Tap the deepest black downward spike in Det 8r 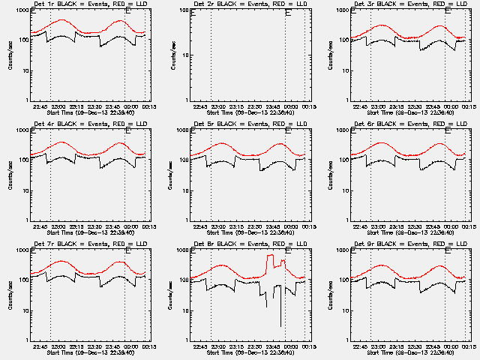point(281,325)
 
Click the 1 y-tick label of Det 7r point(27,340)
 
